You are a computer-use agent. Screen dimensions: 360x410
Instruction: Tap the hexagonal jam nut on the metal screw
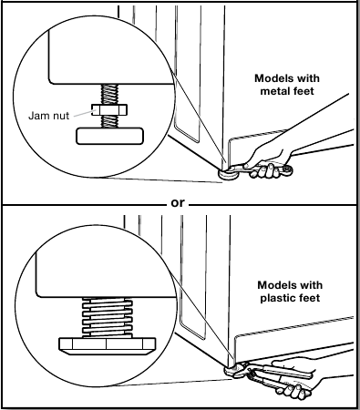point(109,109)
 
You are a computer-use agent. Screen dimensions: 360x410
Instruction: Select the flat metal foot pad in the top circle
point(109,136)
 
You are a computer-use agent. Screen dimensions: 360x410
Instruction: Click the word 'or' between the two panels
point(178,202)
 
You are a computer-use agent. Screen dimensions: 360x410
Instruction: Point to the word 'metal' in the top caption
point(274,91)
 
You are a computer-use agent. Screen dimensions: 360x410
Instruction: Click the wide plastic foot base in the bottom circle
point(107,346)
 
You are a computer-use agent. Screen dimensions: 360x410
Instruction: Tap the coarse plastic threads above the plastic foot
point(108,318)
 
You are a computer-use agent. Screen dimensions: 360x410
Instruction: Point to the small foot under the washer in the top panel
point(226,175)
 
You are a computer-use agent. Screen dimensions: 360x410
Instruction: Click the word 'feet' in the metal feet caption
point(303,91)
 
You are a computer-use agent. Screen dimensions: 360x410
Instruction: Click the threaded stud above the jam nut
point(109,94)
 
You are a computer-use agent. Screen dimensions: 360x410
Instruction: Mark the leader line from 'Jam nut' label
point(83,113)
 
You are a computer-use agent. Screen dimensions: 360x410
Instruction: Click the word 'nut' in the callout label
point(60,116)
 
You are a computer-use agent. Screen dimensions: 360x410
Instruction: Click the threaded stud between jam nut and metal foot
point(109,121)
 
